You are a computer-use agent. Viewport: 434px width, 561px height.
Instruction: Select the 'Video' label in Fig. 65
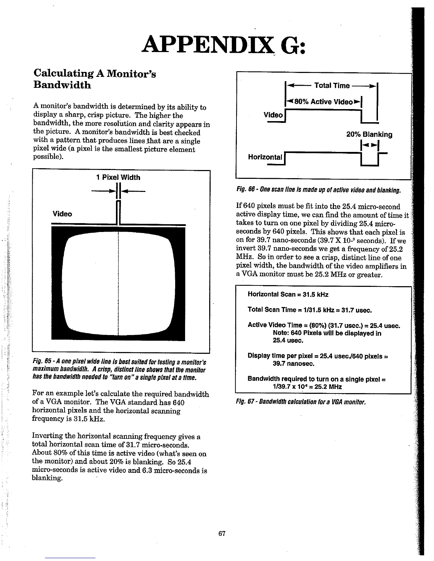[62, 214]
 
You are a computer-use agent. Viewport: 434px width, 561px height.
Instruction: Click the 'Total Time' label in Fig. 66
[332, 85]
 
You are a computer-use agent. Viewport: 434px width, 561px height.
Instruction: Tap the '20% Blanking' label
[369, 135]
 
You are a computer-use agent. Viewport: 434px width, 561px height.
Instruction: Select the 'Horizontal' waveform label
[265, 157]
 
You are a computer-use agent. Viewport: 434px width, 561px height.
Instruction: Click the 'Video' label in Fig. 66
[273, 115]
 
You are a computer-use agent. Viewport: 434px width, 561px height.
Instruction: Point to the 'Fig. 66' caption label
[245, 191]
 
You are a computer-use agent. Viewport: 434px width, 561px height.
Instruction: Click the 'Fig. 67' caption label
[245, 402]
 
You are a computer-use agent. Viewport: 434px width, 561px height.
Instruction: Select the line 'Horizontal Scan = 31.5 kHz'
[288, 294]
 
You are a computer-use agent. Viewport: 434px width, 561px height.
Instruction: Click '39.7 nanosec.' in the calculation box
[294, 363]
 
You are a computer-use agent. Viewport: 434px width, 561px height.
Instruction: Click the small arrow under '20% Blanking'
[369, 145]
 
